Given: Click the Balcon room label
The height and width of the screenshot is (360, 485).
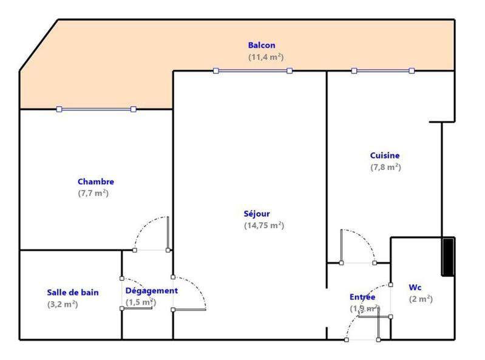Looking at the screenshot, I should [x=262, y=45].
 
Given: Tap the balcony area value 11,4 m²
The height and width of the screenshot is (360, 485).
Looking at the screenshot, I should [x=266, y=56].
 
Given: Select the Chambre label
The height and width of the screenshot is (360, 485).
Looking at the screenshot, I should [x=95, y=182].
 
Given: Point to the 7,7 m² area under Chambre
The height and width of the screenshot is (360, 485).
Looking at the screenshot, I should [x=93, y=193].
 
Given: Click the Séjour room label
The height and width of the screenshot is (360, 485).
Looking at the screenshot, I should [x=257, y=214].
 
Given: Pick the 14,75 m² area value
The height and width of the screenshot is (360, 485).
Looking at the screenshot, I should [x=263, y=225].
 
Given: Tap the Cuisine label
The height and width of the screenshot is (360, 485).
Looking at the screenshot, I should [x=385, y=155].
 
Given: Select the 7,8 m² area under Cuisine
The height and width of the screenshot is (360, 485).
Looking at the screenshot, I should [x=385, y=167].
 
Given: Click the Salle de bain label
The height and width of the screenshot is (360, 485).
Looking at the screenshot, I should [x=73, y=292].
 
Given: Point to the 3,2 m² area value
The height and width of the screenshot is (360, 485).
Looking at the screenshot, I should [x=63, y=304].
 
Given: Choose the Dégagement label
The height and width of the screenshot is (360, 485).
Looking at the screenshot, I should [x=152, y=291].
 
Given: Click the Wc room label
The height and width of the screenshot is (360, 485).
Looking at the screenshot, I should [x=415, y=287].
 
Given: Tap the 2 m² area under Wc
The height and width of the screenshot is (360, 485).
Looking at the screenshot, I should [x=421, y=299].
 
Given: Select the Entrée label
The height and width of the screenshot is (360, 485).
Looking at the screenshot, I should [x=362, y=297].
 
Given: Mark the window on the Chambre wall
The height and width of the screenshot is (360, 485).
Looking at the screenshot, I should [x=96, y=109].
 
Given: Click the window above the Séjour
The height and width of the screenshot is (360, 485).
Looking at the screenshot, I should [x=253, y=71].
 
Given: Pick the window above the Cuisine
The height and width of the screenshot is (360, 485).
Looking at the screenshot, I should [x=382, y=71].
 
